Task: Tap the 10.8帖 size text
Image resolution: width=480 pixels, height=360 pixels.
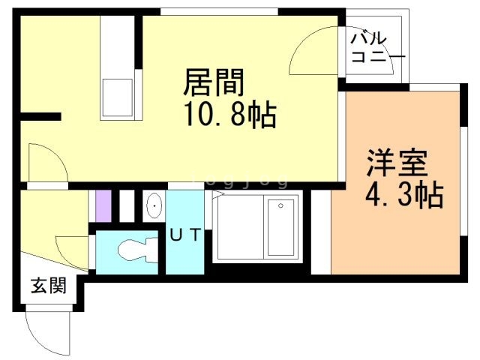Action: [230, 116]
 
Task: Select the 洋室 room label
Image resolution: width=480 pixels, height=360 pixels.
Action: [397, 163]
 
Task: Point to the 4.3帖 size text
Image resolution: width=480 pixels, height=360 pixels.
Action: [403, 196]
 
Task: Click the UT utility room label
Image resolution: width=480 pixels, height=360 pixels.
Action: [184, 235]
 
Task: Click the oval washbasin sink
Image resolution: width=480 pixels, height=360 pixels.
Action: [153, 205]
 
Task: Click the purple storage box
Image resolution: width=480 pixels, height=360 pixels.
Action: [103, 205]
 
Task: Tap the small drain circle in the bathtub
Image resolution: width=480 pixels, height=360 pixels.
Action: [280, 205]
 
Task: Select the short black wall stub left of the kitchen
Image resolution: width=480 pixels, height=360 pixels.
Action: [40, 116]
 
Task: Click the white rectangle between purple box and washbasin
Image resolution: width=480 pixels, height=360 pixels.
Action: [127, 205]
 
